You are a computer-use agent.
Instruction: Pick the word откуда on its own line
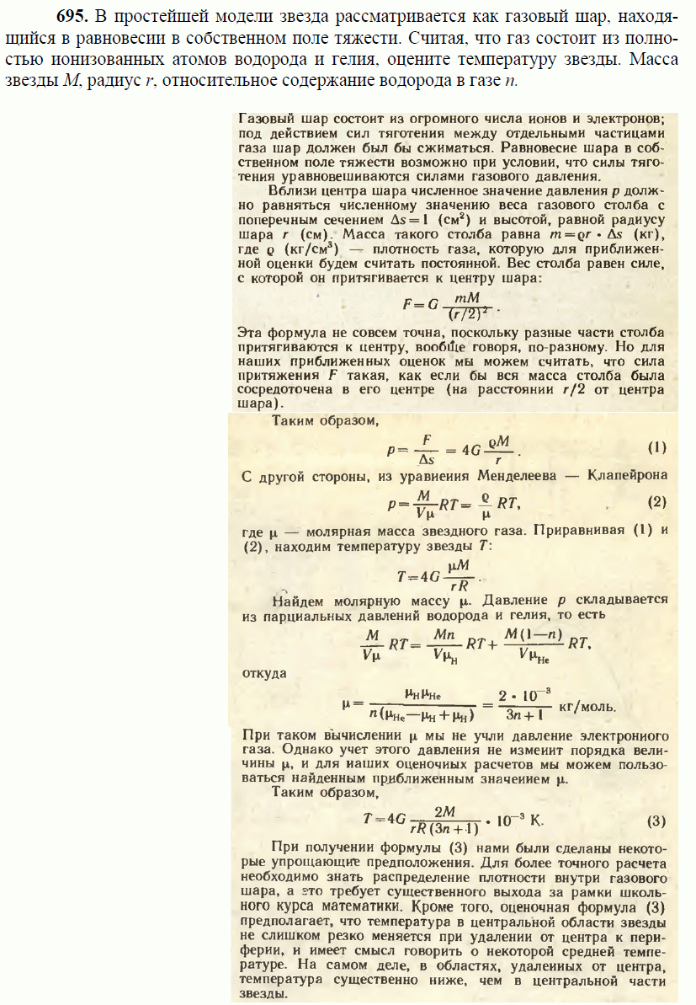coord(263,673)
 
